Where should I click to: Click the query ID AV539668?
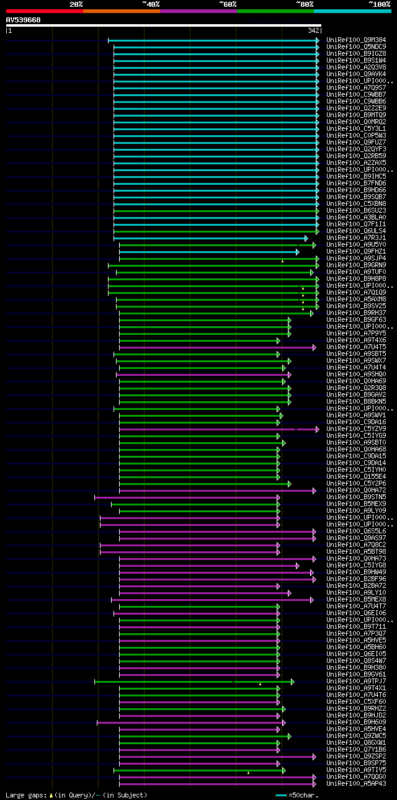coord(24,20)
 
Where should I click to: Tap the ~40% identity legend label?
coord(151,4)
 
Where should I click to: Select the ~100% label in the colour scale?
coord(379,4)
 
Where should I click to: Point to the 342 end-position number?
coord(313,30)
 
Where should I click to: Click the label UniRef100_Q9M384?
coord(356,40)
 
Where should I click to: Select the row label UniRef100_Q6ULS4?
coord(356,231)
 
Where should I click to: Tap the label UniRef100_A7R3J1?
coord(356,238)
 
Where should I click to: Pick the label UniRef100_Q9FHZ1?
coord(356,252)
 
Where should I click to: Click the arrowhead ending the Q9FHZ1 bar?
coord(298,252)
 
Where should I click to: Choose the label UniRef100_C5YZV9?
coord(356,429)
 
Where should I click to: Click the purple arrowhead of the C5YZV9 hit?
coord(318,429)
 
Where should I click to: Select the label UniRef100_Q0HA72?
coord(356,491)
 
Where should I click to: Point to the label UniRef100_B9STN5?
coord(356,497)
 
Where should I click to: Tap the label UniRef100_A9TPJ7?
coord(356,682)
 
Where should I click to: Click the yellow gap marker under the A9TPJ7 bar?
coord(260,684)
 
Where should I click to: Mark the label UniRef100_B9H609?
coord(356,722)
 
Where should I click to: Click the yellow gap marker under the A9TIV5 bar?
coord(248,773)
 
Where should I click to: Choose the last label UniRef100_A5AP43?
coord(356,784)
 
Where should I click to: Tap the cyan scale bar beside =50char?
coord(282,795)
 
